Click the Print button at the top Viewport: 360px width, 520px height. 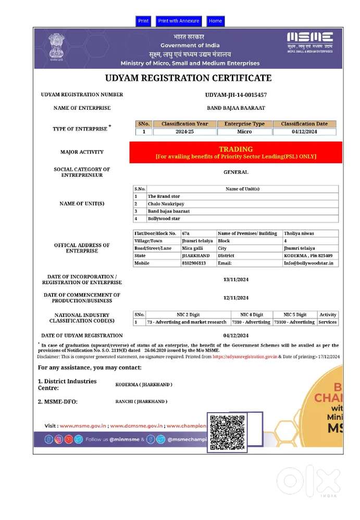[143, 21]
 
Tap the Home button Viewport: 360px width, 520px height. [215, 21]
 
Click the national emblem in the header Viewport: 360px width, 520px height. [56, 46]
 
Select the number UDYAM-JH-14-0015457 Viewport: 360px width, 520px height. [236, 95]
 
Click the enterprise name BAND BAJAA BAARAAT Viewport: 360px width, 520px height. [236, 108]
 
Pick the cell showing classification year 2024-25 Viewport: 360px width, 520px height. [184, 132]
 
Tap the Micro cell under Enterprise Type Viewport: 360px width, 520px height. [244, 132]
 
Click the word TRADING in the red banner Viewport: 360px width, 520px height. [235, 149]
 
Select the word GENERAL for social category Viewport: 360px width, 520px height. [236, 172]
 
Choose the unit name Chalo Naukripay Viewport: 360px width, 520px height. [166, 204]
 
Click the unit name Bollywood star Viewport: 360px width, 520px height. [164, 219]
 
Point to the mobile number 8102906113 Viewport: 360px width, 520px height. [194, 263]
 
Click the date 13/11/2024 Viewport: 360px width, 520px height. [236, 280]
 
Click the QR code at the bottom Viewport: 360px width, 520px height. [227, 433]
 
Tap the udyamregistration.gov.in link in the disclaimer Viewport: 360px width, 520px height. [244, 357]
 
